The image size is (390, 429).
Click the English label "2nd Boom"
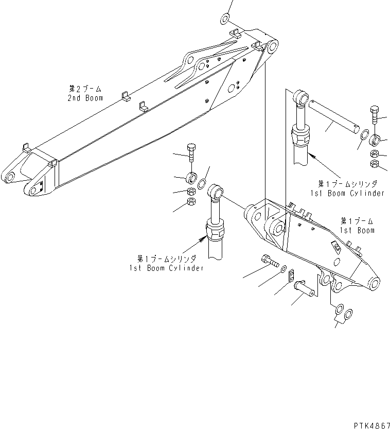[x=85, y=98]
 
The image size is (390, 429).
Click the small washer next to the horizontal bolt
[x=283, y=268]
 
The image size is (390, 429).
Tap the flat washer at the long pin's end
[x=363, y=136]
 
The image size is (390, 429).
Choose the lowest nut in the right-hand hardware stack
[x=375, y=164]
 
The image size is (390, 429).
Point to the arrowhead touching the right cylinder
[x=312, y=153]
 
